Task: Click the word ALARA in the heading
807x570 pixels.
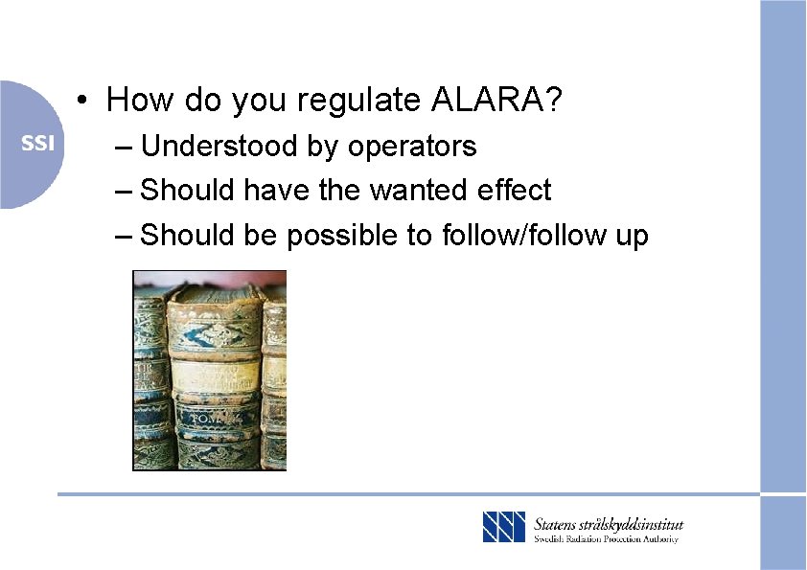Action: point(498,99)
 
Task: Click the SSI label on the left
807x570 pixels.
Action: point(38,144)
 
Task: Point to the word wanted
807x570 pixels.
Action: point(419,190)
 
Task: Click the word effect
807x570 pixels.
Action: point(515,190)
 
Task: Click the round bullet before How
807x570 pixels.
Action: point(85,100)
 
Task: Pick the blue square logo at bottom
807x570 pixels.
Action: point(504,528)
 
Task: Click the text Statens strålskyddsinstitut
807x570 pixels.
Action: point(609,523)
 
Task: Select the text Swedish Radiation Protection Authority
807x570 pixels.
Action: point(606,539)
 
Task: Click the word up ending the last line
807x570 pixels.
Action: point(632,236)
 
